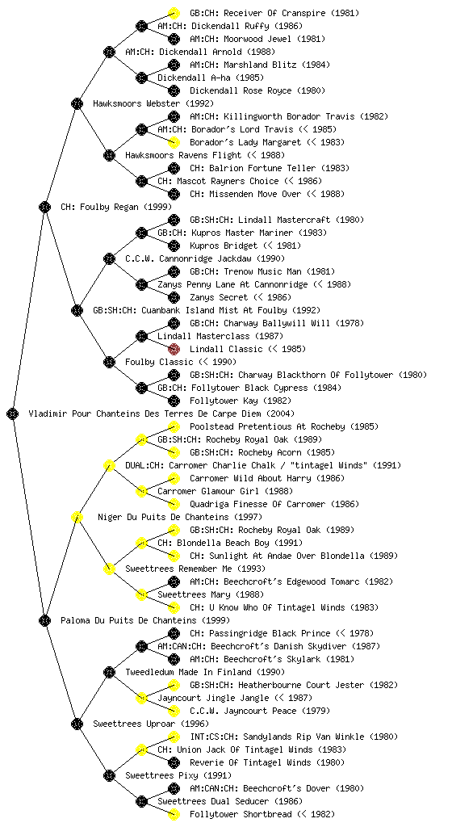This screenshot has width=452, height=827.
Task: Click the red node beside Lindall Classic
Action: click(x=174, y=349)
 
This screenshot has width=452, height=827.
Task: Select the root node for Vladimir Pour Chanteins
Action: click(x=13, y=413)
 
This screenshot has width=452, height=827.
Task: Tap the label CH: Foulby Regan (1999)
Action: click(x=116, y=207)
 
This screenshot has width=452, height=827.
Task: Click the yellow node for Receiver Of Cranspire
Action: click(x=174, y=13)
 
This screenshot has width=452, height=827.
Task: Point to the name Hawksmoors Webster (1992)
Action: click(x=153, y=103)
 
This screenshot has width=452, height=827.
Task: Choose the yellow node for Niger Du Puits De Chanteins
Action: click(x=77, y=517)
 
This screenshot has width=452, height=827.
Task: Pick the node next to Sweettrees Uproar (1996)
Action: click(x=77, y=724)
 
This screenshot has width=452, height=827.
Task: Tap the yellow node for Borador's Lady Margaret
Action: click(x=174, y=142)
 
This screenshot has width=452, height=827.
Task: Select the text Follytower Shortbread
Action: click(x=241, y=814)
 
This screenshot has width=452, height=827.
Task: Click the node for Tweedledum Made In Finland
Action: click(x=109, y=672)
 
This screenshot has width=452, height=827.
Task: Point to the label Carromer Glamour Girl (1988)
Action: click(x=225, y=491)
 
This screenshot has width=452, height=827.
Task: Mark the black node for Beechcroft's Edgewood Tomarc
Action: click(x=174, y=581)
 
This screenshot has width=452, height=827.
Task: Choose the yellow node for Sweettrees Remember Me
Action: click(x=109, y=569)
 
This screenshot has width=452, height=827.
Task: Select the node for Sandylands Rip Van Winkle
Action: click(x=174, y=737)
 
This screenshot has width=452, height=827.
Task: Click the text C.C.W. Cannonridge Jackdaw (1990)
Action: click(x=205, y=258)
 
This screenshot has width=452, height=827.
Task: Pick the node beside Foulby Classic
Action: click(x=109, y=362)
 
